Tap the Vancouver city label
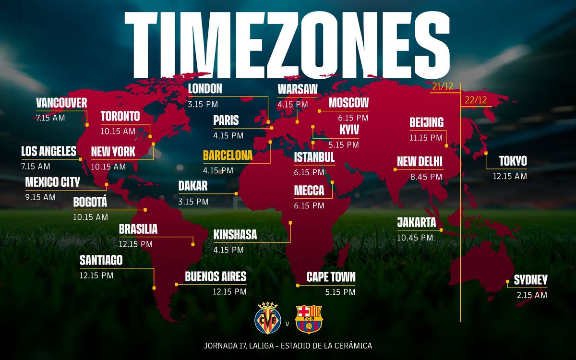point(61,103)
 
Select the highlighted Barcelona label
point(228,156)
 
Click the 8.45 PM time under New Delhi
point(426,177)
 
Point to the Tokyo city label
point(513,161)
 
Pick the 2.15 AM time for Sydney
point(532,295)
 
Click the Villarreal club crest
point(268,317)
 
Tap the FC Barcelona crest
point(309,319)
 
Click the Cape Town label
point(331,277)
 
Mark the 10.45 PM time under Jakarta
point(415,237)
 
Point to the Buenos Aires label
point(216,276)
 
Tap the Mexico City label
point(52,182)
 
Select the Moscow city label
point(348,103)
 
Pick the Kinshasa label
point(235,235)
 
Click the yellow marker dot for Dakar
point(236,193)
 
